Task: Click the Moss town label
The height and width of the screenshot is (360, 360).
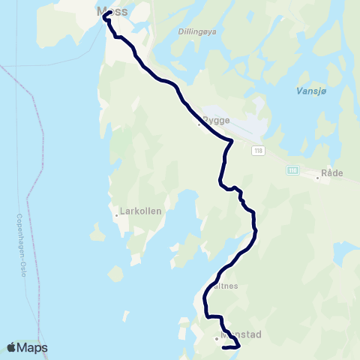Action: (113, 11)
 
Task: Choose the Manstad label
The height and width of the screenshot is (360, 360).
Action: (241, 335)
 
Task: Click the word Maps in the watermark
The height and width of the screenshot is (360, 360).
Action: (33, 347)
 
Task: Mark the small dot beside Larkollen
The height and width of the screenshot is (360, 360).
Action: (117, 216)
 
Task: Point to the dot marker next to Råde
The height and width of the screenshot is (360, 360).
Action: (316, 178)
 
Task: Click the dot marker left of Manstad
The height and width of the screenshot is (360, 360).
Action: (217, 338)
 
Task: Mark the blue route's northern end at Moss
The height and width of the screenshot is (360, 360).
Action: (110, 13)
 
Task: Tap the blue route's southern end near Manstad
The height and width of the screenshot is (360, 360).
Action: (224, 347)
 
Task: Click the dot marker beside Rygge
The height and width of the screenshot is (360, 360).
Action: (199, 124)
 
